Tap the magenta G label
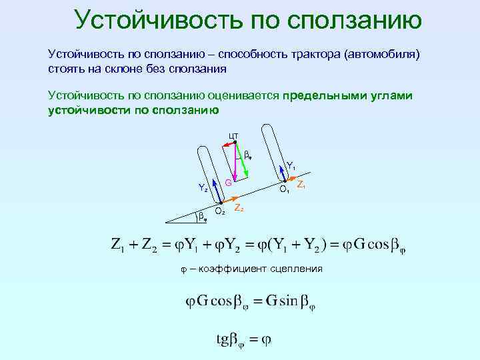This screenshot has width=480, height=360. (228, 183)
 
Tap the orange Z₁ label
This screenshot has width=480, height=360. (301, 184)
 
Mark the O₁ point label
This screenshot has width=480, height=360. (284, 190)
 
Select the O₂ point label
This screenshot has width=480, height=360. (221, 212)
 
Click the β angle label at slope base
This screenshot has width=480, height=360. (202, 215)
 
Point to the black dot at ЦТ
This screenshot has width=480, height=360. (235, 141)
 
